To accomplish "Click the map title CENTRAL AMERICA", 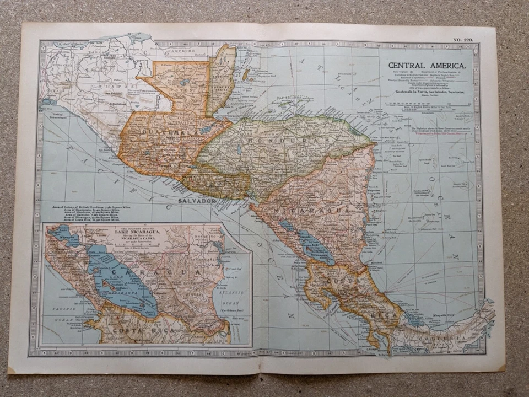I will (x=427, y=65).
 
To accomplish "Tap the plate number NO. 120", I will (x=464, y=40).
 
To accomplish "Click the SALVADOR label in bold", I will (x=196, y=202).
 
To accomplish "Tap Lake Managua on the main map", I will (x=285, y=225).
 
